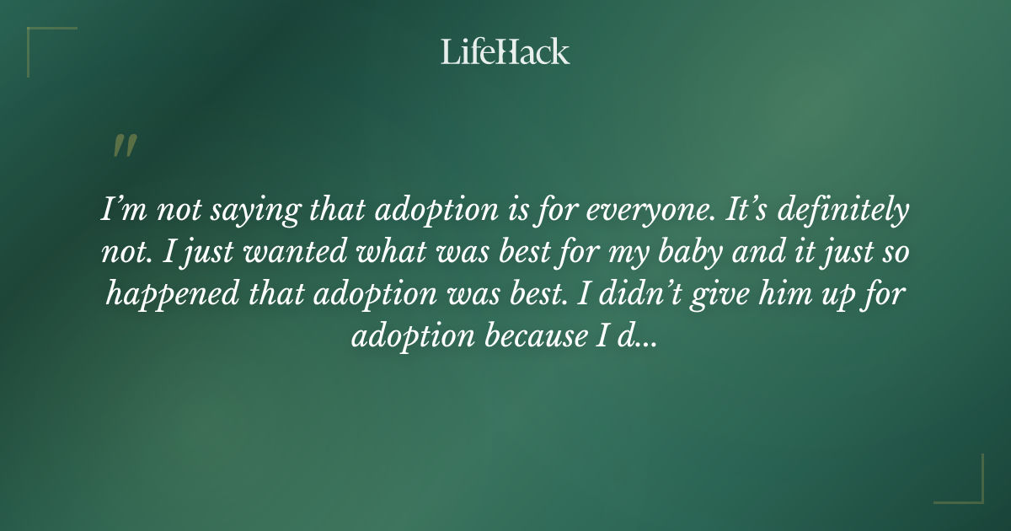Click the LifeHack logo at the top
pos(505,52)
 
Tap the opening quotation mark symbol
pos(124,146)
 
